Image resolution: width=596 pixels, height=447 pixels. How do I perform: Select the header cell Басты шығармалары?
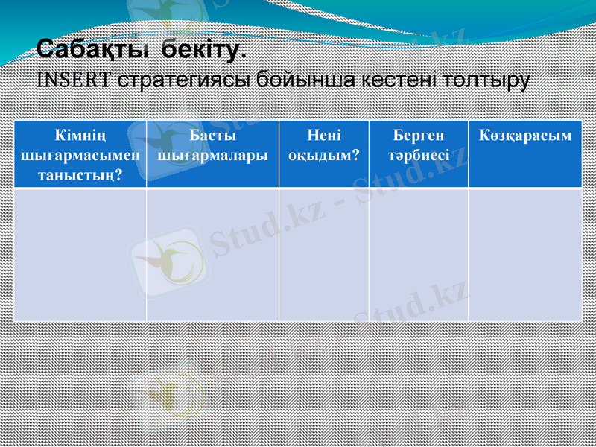(x=213, y=146)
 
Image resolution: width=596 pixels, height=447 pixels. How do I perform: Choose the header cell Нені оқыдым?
(x=324, y=146)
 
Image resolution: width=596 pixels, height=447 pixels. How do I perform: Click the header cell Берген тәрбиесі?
(x=418, y=146)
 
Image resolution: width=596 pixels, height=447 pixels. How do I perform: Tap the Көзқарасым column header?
(x=525, y=136)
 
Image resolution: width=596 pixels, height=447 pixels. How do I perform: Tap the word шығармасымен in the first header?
(x=80, y=156)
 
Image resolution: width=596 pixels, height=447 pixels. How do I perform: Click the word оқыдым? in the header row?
(x=324, y=156)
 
